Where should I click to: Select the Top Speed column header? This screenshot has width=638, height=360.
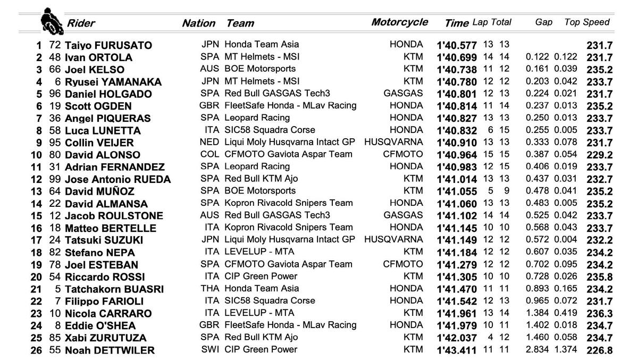click(x=587, y=22)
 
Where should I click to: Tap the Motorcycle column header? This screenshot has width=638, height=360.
click(x=399, y=22)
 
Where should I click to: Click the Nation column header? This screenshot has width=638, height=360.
click(x=198, y=23)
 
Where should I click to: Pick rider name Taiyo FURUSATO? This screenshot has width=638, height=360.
click(x=108, y=45)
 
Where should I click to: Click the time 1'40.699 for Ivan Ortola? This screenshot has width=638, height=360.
click(x=457, y=57)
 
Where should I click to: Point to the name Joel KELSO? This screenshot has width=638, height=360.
click(x=95, y=70)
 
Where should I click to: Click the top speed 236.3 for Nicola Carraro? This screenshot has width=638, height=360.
click(x=599, y=313)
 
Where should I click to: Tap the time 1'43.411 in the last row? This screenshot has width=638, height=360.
click(x=457, y=350)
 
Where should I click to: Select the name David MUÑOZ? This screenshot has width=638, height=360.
click(x=99, y=191)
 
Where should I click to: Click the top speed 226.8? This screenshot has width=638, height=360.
click(x=599, y=350)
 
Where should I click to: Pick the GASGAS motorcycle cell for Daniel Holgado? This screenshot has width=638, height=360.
click(x=403, y=94)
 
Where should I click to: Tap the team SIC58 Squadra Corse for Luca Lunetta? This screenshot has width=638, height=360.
click(x=270, y=130)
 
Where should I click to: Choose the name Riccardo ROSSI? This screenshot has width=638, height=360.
click(x=99, y=277)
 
